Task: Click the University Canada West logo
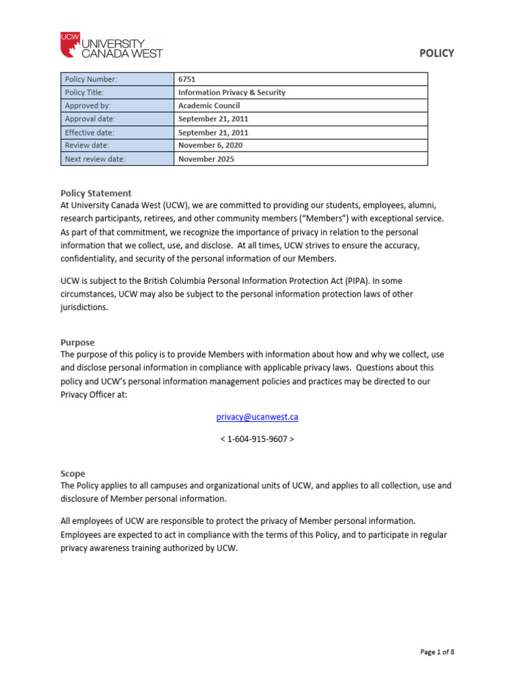coord(111,44)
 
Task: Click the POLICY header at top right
coord(437,53)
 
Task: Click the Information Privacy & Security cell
coord(231,93)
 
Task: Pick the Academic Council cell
coord(209,106)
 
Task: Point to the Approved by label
coord(88,106)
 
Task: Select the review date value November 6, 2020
coord(211,146)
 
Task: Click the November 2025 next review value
coord(207,159)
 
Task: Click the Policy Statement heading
coord(96,193)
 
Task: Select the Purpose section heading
coord(78,342)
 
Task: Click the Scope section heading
coord(73,473)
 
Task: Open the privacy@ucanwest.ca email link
coord(257,417)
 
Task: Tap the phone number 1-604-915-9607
coord(257,439)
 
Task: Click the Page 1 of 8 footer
coord(437,651)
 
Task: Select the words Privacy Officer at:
coord(93,395)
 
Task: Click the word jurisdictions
coord(84,307)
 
